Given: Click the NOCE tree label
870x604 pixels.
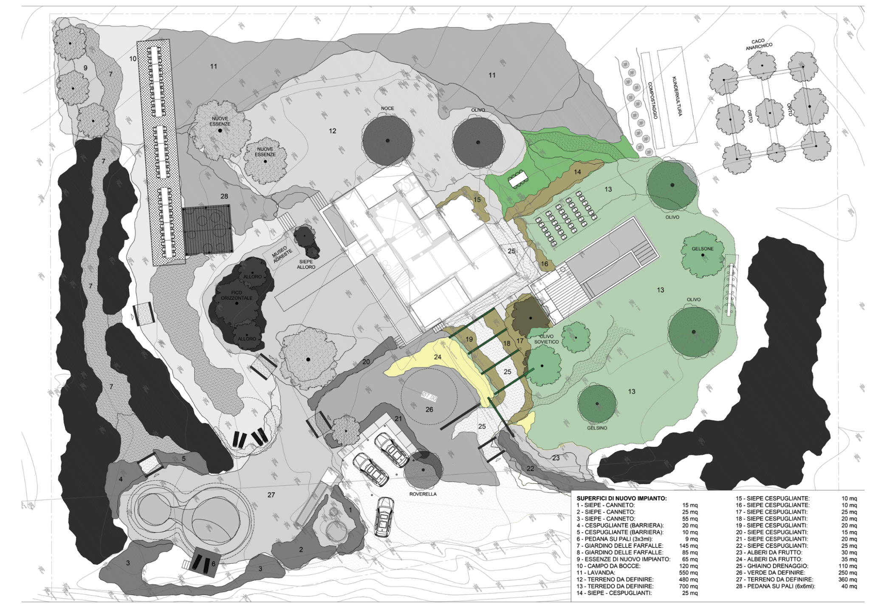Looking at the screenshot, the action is coord(387,108).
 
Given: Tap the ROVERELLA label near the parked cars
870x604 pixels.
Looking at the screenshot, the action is coord(423,494).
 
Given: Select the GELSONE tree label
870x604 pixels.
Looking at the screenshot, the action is coord(702,249).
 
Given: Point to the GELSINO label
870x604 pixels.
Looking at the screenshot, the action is coord(597,428).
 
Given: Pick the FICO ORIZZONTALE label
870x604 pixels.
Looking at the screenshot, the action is coord(237,295).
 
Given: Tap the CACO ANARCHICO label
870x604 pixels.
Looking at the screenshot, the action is coord(759,44).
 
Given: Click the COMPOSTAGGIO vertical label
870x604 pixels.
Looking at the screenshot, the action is coord(652,100).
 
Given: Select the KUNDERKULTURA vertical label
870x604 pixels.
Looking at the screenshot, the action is coord(677,96).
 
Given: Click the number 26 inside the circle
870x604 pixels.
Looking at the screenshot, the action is coord(429,409).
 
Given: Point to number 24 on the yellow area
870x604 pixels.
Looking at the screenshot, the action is coord(438,357).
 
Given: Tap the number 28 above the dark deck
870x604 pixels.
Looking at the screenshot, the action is coord(224,196).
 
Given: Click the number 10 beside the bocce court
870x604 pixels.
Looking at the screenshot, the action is coord(133,59).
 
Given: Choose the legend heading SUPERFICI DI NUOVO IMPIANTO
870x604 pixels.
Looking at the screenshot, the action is coord(621,498).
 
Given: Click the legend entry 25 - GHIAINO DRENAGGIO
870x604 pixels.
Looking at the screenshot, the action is coord(772,566).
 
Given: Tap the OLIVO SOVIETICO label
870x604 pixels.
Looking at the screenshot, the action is coord(546,339).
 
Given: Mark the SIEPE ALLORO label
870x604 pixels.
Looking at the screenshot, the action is coord(306,264).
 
